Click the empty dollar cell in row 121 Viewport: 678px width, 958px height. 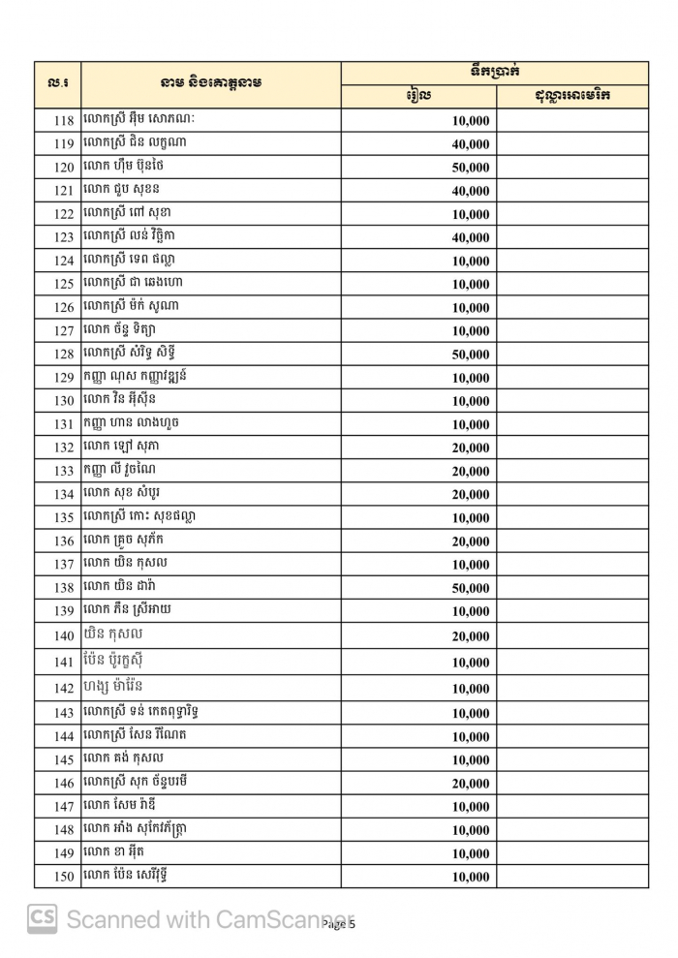point(571,191)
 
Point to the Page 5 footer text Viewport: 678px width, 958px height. point(340,924)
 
